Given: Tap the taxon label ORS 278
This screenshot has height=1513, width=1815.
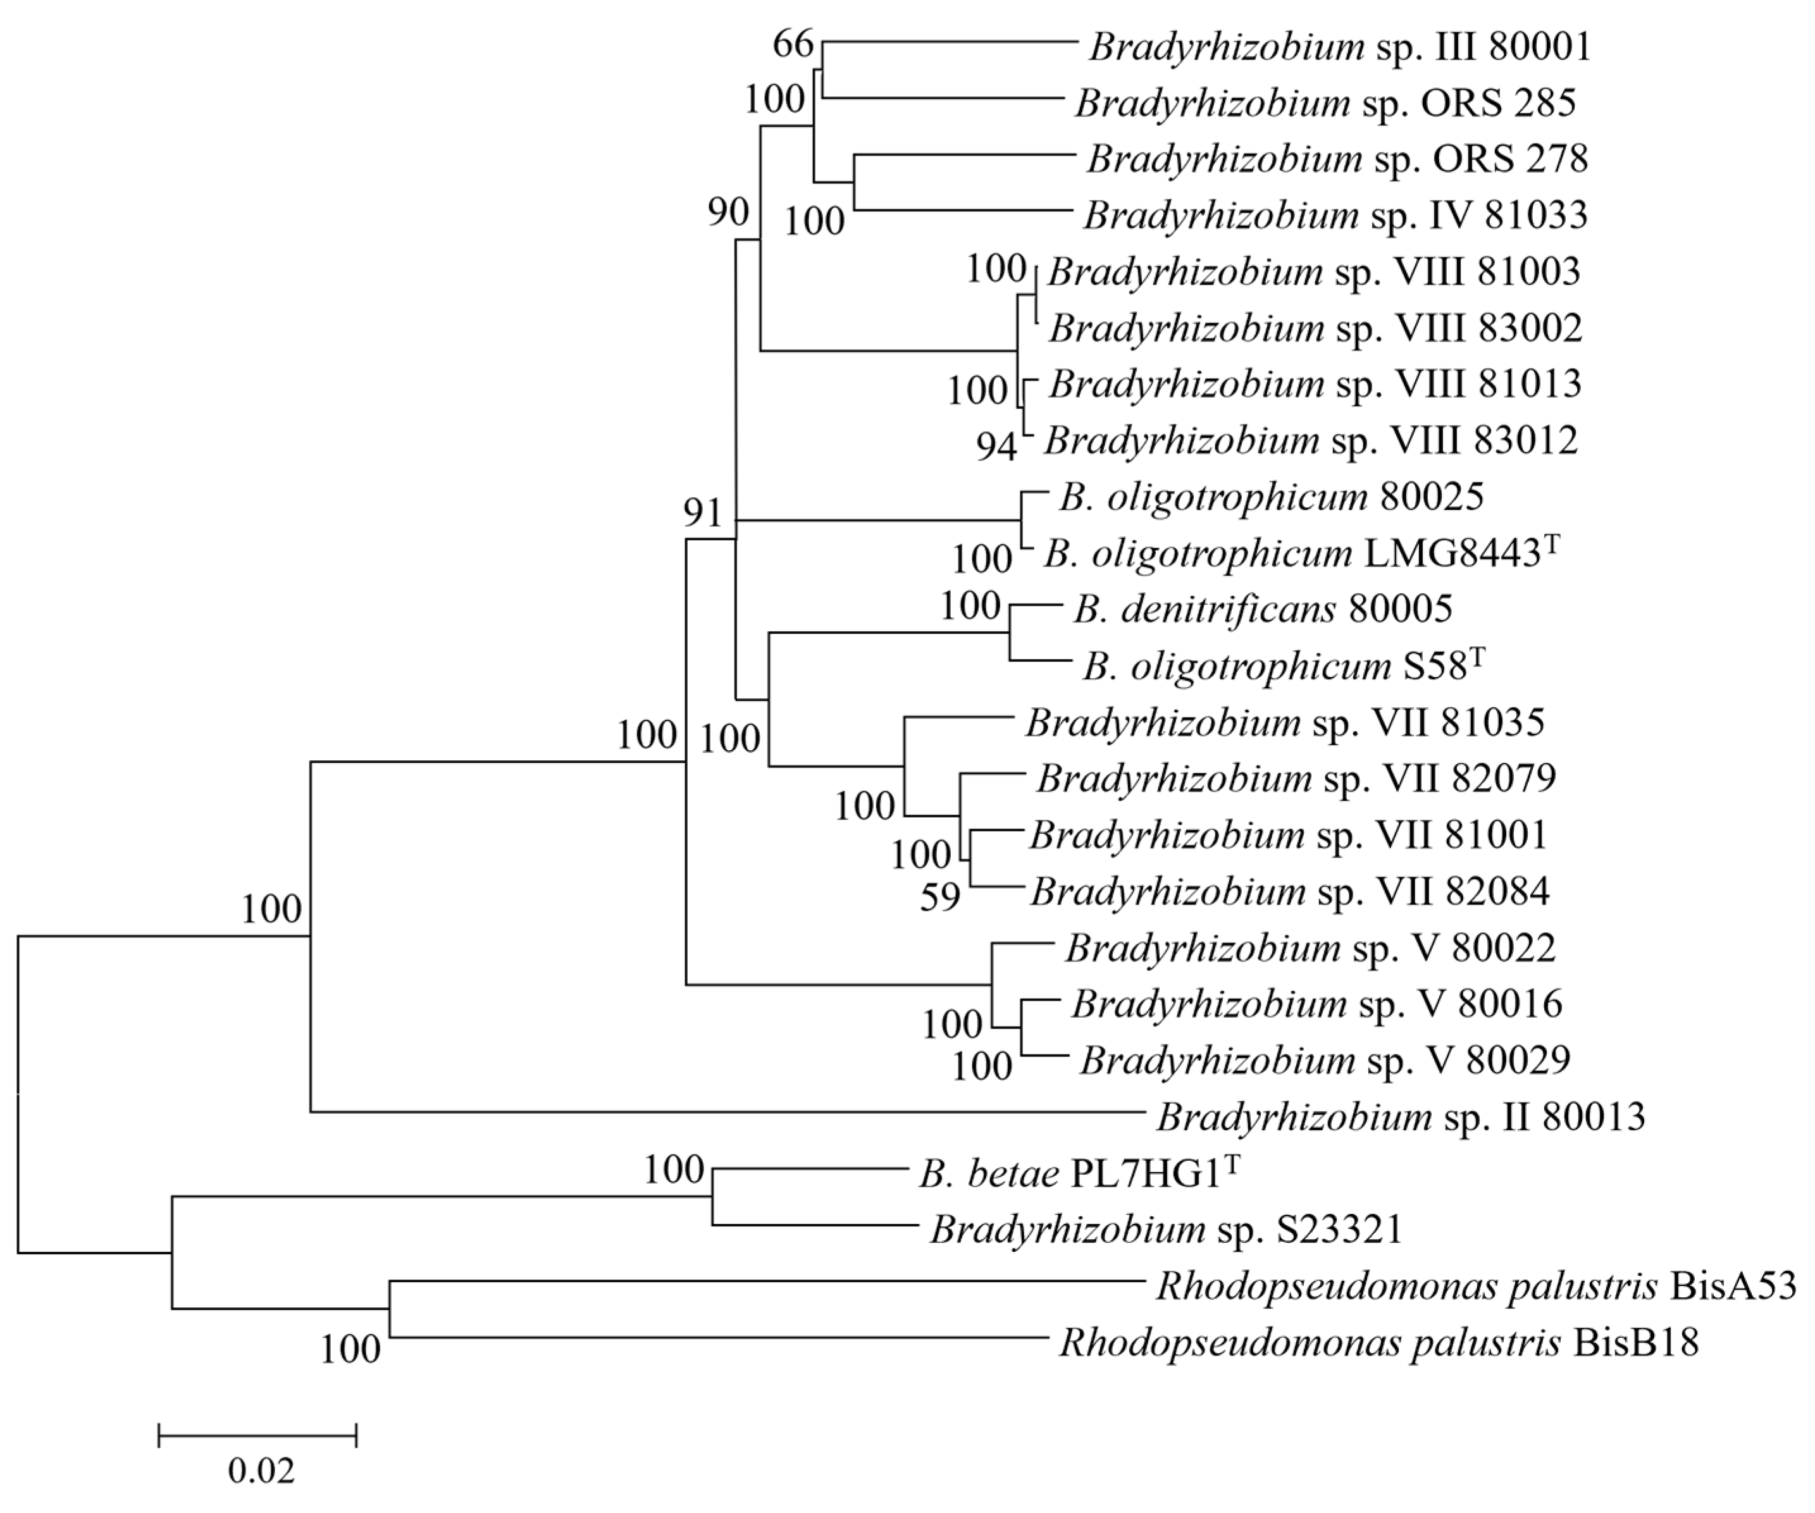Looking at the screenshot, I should (1337, 159).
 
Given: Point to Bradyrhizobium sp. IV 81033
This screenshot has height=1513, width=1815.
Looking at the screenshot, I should (1335, 215).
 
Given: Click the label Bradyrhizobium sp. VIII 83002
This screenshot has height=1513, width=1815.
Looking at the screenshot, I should (1315, 328).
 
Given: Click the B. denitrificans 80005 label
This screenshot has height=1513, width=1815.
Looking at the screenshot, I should (1263, 609).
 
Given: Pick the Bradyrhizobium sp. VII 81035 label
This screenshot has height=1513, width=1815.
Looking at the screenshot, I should (1284, 722).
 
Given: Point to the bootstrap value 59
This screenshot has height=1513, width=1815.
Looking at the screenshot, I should (940, 898).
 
